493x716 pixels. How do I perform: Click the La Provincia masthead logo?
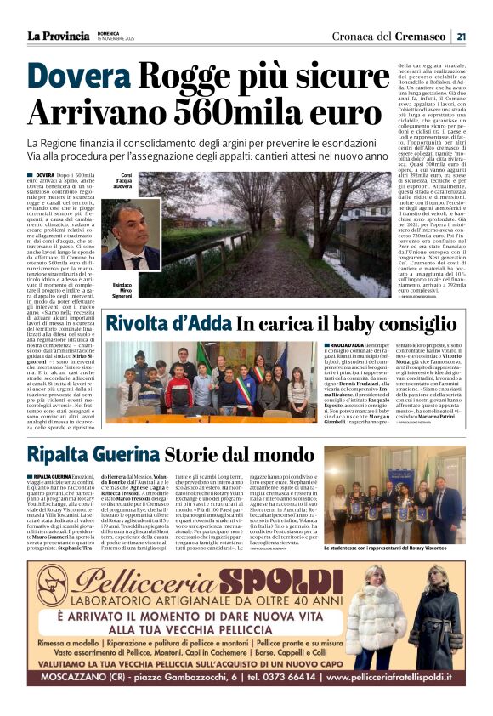58,36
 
